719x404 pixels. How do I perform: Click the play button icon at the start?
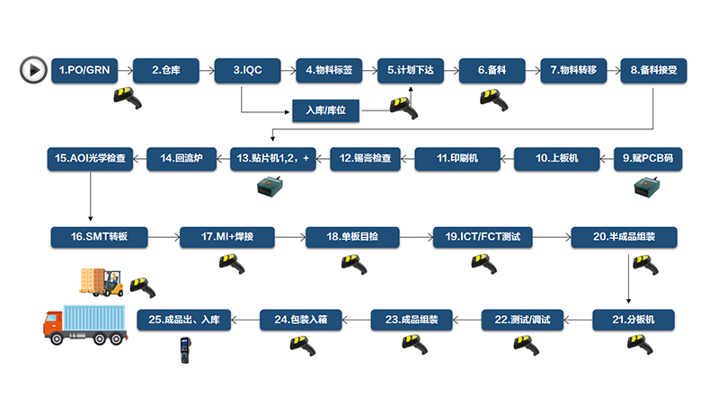point(33,68)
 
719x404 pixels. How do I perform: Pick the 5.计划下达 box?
point(411,69)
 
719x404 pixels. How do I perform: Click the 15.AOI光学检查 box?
point(90,159)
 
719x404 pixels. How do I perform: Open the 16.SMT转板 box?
point(98,237)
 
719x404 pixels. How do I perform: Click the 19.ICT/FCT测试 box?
point(484,237)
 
